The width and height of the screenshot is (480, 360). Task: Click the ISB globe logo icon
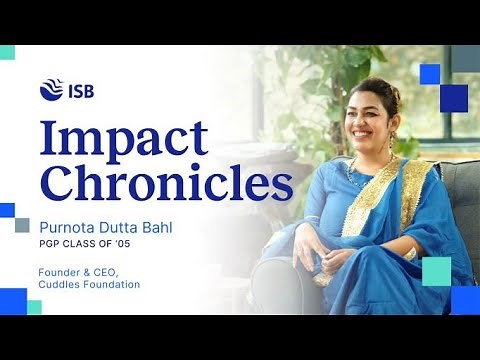(51, 89)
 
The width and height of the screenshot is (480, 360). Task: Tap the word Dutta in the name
(115, 228)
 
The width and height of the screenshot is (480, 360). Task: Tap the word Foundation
(114, 285)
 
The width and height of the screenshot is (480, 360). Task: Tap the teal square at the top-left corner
(7, 52)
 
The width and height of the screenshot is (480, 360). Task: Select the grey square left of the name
(22, 226)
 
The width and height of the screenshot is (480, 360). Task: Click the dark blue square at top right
(453, 97)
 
